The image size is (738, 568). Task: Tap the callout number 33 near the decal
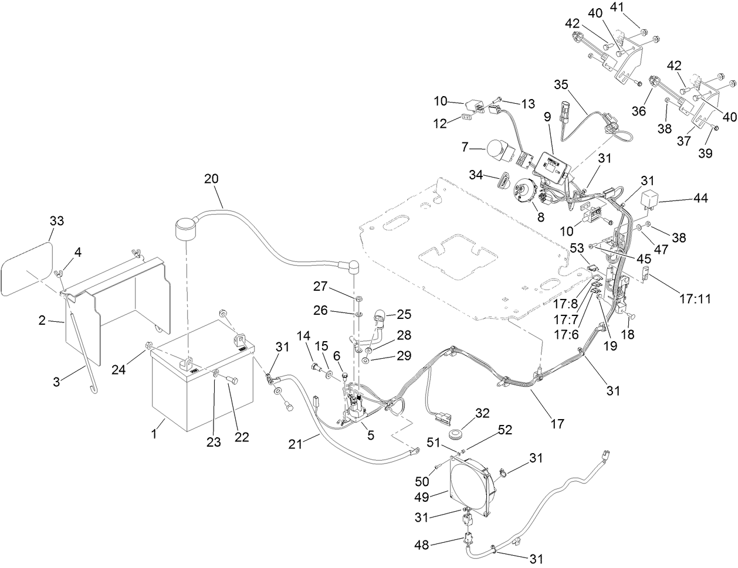(x=56, y=221)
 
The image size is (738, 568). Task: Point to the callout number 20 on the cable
(x=213, y=178)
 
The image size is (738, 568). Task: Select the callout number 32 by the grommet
(x=482, y=413)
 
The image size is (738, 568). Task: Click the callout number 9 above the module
(x=547, y=117)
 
